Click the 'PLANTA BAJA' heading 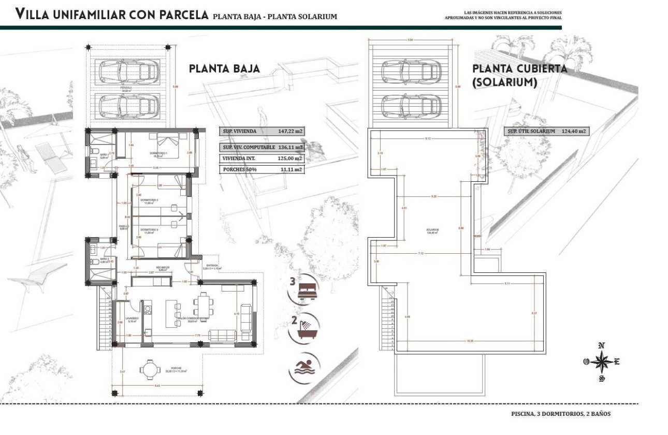pos(224,69)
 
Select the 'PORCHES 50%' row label pos(239,169)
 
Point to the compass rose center pos(601,362)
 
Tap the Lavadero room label pos(132,318)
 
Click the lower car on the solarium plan pos(412,106)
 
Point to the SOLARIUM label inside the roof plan pos(433,230)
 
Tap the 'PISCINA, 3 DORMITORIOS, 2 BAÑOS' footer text pos(561,414)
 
